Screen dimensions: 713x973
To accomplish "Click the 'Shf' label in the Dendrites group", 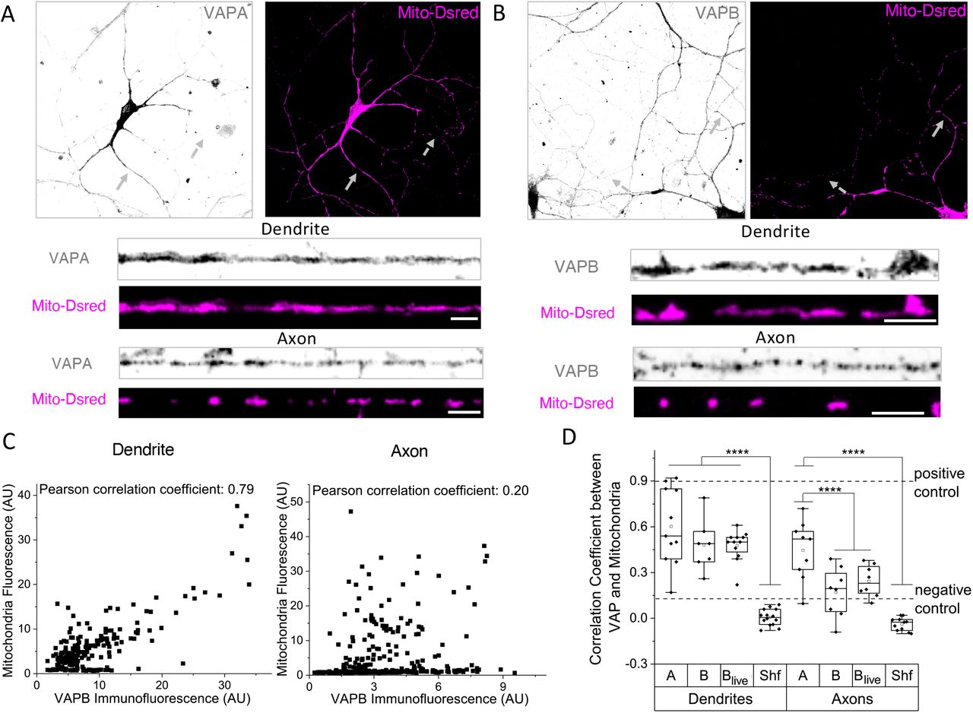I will (770, 676).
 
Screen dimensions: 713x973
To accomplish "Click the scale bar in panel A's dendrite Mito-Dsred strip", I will (464, 319).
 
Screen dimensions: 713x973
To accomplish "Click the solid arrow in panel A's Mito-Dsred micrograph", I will (349, 182).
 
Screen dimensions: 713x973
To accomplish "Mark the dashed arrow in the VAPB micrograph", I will (619, 185).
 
